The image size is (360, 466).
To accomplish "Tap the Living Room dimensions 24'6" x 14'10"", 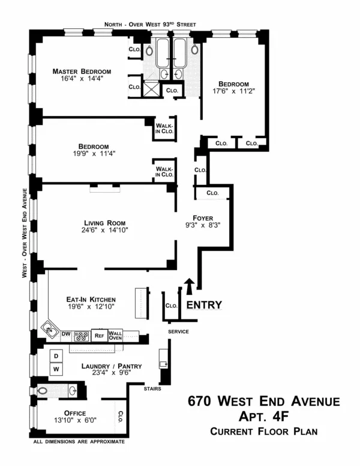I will pos(105,230).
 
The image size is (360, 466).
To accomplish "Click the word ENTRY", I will pos(204,305).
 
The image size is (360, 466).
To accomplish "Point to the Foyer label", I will pos(203,217).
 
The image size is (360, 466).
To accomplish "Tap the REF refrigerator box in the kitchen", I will pos(99,336).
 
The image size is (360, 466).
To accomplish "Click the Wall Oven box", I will pos(115,336).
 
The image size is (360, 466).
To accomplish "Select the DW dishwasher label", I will pos(66,334).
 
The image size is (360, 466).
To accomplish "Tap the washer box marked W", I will pos(56,369).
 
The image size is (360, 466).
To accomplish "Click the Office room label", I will pos(71,413).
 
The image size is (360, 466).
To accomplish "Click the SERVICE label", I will pos(178,331).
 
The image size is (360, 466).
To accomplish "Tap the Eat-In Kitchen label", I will pos(91,300).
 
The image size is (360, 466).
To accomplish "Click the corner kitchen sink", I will pos(48,330).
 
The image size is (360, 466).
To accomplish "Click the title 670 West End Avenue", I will pos(263,401).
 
